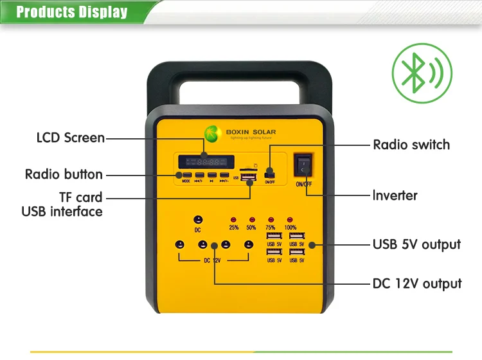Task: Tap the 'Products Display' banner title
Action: coord(71,12)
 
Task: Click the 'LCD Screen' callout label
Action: coord(70,138)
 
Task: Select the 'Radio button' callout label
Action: coord(64,174)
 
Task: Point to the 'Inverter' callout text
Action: coord(395,195)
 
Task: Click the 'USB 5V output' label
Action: coord(416,244)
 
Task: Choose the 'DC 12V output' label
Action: coord(417,283)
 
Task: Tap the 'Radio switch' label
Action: coord(411,145)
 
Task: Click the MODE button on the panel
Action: coord(185,175)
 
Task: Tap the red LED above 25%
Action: coord(234,220)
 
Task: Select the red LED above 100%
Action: coord(290,220)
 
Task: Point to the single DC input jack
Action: coord(198,219)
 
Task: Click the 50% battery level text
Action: coord(251,228)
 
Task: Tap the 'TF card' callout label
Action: coord(81,197)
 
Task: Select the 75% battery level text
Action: coord(271,228)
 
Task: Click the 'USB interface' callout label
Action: coord(62,212)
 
